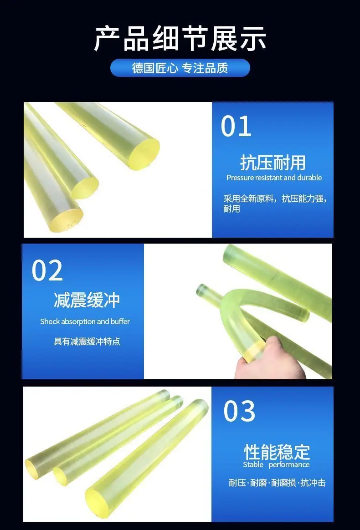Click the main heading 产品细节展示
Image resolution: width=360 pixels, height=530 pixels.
[180, 39]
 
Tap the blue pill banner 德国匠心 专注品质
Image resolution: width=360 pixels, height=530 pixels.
[180, 68]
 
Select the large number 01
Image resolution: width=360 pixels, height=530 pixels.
[236, 127]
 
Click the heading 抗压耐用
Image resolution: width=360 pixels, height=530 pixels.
[273, 163]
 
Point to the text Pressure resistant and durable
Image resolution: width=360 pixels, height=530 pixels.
[274, 178]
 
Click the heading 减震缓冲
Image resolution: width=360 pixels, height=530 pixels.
[87, 300]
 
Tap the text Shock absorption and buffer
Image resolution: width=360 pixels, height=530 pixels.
[85, 321]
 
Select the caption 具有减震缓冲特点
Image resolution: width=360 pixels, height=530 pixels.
[87, 341]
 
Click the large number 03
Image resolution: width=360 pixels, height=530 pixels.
[239, 411]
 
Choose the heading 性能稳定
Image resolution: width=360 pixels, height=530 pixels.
[277, 452]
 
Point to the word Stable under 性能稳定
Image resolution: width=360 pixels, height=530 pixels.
[253, 465]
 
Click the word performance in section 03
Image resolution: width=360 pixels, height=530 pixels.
[289, 465]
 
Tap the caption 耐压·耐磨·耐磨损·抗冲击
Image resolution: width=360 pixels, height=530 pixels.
[277, 483]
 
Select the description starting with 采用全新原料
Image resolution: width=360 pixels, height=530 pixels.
[275, 204]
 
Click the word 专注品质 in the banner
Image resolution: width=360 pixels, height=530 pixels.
[205, 68]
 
